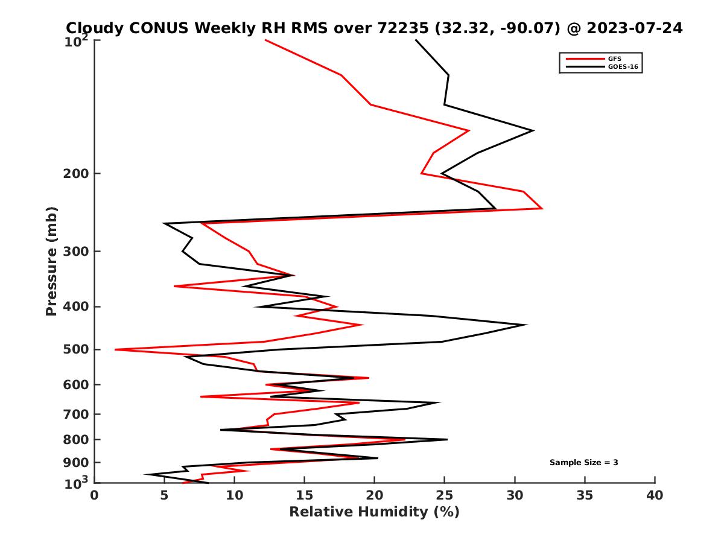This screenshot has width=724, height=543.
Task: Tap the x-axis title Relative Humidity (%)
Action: (374, 512)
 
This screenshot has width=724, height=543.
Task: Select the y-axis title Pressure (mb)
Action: (51, 261)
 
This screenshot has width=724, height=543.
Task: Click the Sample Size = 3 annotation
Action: (583, 463)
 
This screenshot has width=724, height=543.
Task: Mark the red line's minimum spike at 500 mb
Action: (115, 349)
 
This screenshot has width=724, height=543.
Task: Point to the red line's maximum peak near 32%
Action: (542, 208)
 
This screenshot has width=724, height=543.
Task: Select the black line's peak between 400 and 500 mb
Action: (526, 325)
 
